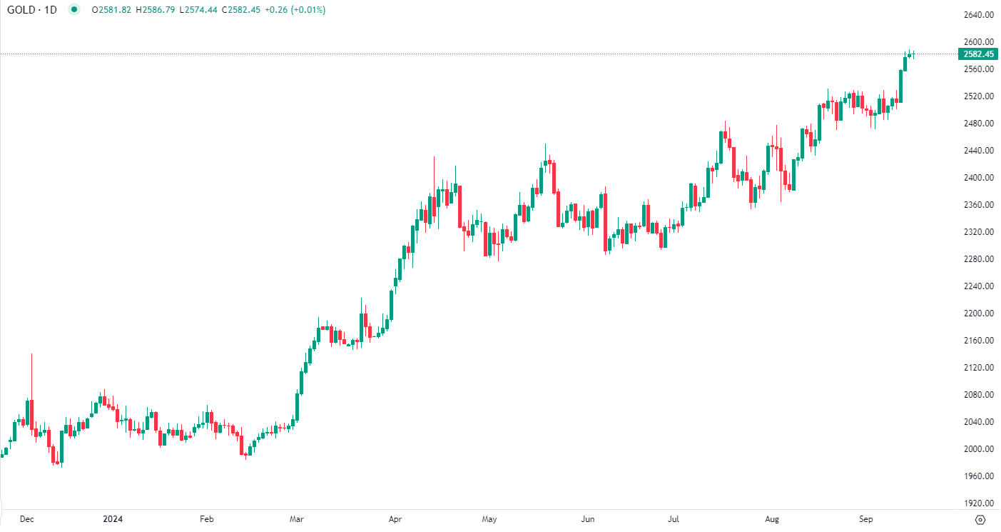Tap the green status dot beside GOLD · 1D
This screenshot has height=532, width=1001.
[x=75, y=11]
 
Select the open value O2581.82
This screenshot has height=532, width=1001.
[x=111, y=11]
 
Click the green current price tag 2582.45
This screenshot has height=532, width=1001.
[x=978, y=54]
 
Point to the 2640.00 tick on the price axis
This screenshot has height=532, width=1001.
[x=978, y=15]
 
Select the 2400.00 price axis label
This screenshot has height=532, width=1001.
[x=978, y=178]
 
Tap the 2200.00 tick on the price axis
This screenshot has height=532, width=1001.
[x=978, y=313]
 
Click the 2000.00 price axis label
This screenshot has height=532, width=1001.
[x=978, y=449]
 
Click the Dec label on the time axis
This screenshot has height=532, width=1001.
[x=27, y=519]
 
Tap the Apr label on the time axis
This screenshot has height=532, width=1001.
[x=395, y=519]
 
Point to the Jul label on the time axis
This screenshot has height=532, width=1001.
[x=674, y=519]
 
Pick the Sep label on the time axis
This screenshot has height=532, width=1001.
[x=866, y=519]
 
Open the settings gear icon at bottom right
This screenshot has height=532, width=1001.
[x=980, y=519]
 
